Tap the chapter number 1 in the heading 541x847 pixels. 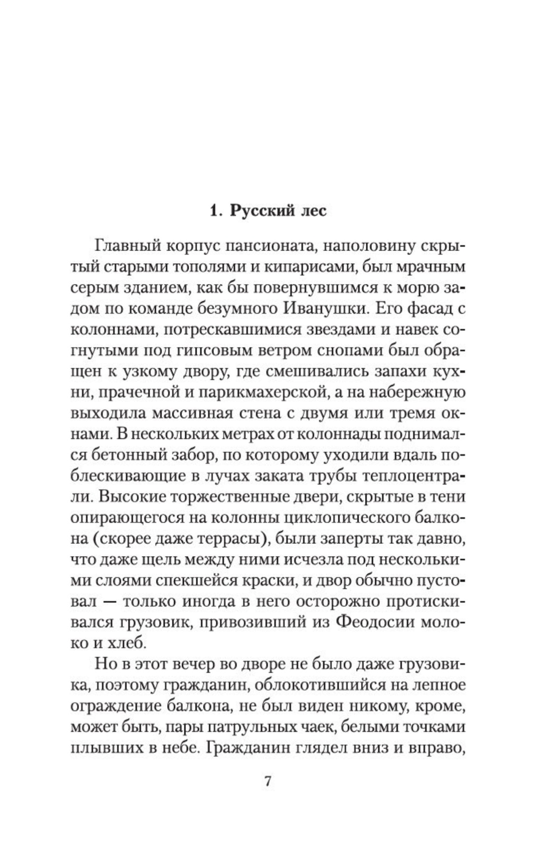[x=213, y=211]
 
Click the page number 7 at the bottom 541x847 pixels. [x=268, y=781]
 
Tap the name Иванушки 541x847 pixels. [x=322, y=309]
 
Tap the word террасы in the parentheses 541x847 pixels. [x=227, y=539]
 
